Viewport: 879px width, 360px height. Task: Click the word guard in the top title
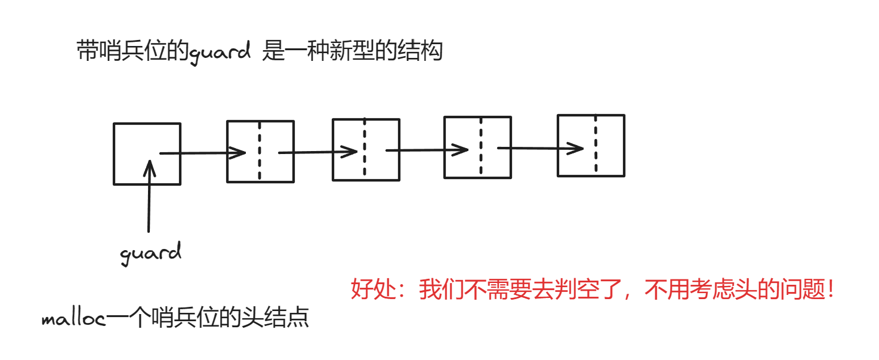click(220, 53)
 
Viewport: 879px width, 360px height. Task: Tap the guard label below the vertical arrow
click(150, 253)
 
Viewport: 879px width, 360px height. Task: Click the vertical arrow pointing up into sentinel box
click(149, 197)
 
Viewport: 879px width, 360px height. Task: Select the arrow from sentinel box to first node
click(203, 153)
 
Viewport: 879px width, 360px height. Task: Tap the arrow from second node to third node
click(427, 150)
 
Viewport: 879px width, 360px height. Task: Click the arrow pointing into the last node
click(540, 148)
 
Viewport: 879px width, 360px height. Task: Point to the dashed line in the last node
click(596, 146)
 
